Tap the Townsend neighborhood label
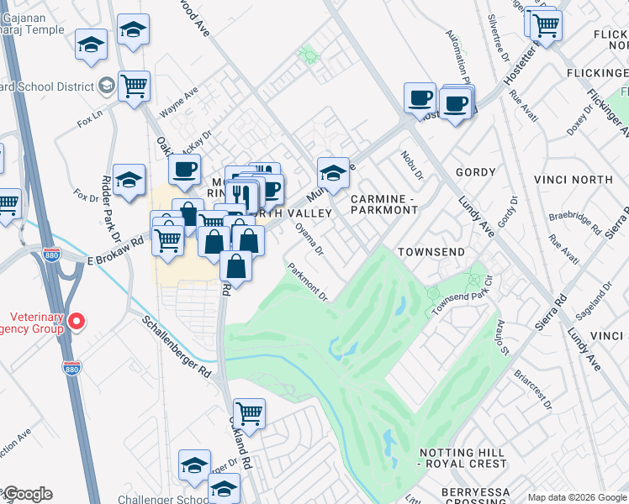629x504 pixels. click(431, 252)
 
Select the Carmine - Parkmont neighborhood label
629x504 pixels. click(383, 204)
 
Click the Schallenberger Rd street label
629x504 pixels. click(176, 346)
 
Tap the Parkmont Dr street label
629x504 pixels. click(307, 281)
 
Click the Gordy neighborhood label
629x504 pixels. click(476, 172)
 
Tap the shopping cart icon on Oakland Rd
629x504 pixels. click(249, 413)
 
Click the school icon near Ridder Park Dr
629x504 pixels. click(129, 180)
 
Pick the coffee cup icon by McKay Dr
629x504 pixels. click(184, 169)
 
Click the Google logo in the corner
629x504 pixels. click(28, 494)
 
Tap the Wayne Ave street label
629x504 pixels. click(178, 100)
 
